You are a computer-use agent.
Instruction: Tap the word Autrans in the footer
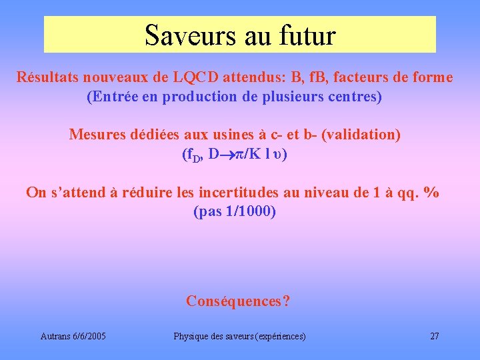coord(53,336)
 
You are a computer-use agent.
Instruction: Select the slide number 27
coord(435,336)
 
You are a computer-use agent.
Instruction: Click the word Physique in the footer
coord(190,336)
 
